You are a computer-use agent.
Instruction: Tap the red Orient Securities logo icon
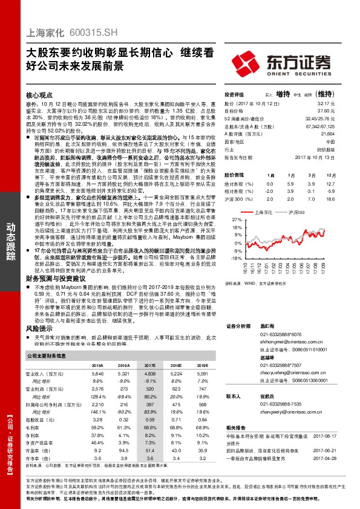[x=249, y=63]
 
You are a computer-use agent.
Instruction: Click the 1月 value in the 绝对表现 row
[x=270, y=184]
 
